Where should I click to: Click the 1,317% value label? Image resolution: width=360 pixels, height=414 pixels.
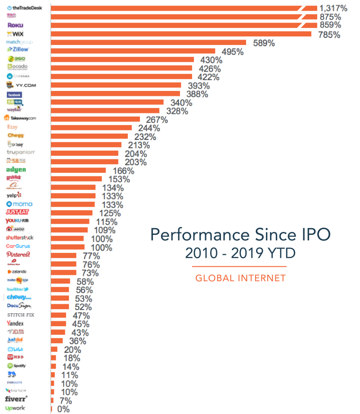[333, 8]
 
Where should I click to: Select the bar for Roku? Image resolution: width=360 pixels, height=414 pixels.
[175, 25]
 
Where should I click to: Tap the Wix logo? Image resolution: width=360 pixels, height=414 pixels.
[15, 34]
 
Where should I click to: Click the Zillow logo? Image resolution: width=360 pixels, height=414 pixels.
[18, 49]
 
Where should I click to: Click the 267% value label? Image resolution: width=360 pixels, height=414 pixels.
[156, 120]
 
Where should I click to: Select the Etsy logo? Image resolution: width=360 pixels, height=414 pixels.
[13, 127]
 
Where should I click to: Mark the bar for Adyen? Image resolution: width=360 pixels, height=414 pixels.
[78, 171]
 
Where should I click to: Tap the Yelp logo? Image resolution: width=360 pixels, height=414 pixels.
[14, 195]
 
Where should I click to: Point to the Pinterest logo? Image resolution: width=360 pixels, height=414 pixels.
[18, 254]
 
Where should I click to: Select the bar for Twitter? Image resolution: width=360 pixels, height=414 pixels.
[60, 290]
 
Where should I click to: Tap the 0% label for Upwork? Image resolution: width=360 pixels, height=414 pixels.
[63, 409]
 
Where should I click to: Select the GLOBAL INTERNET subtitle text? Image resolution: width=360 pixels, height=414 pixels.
[240, 278]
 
